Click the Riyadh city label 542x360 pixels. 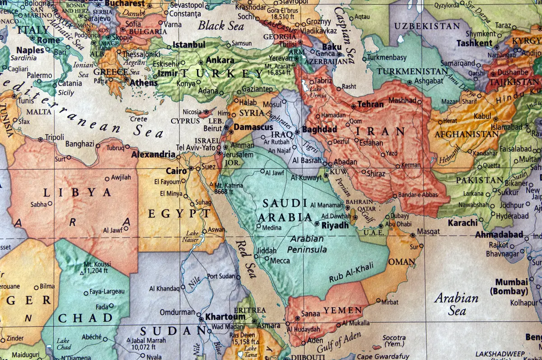point(335,225)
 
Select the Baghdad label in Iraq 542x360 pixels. point(319,130)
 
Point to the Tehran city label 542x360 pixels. point(370,104)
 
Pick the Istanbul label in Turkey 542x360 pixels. point(189,45)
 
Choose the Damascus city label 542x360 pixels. point(253,127)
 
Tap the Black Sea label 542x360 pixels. point(221,25)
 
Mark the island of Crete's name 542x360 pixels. point(138,119)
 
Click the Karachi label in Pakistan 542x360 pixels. point(463,223)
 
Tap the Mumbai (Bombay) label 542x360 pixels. point(511,286)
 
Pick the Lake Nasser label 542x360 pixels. point(192,237)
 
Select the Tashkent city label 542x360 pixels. point(474,43)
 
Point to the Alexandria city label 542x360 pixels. point(153,154)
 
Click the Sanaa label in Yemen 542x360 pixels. point(310,313)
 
